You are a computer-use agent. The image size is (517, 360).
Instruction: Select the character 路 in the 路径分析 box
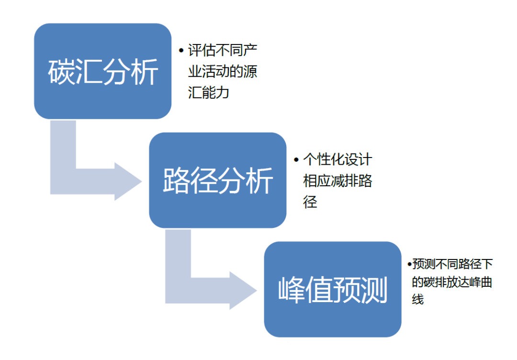tap(177, 181)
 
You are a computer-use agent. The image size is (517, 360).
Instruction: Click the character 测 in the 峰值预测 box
tap(374, 290)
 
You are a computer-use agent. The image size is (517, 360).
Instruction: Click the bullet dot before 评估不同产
tap(181, 50)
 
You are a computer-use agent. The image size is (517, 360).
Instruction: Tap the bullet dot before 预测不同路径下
tap(409, 264)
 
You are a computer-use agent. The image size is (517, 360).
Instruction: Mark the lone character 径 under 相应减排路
tap(310, 202)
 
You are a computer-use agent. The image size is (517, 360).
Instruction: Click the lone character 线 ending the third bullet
tap(418, 300)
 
